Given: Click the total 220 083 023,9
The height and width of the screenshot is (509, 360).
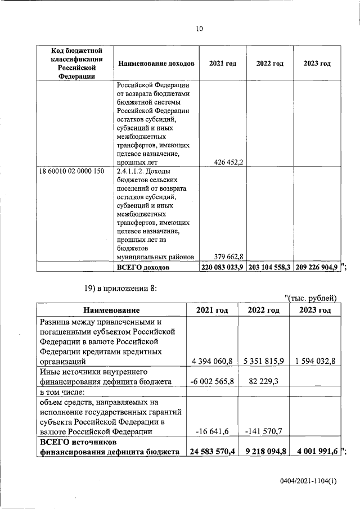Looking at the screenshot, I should tap(222, 268).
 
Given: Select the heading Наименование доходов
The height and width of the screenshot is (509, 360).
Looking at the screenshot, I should tap(156, 64).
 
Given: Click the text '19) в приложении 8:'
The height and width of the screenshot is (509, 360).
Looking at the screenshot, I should tap(120, 289).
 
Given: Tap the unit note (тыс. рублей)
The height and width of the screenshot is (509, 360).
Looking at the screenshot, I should tap(310, 298).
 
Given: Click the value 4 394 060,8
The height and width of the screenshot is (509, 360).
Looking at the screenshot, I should tap(211, 361).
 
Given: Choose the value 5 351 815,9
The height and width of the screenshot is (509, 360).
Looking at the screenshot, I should tap(263, 361).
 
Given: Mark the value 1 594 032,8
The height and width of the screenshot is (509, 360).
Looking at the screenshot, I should tap(314, 361).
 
